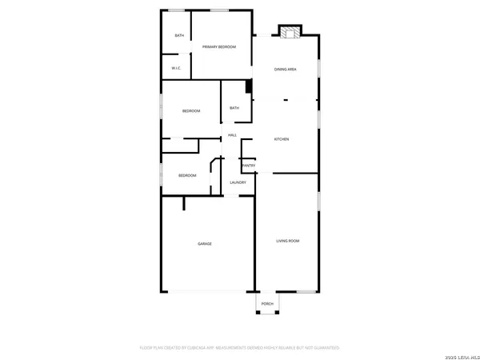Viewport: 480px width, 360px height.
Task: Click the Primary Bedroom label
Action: tap(219, 47)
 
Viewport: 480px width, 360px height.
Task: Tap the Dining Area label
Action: tap(286, 70)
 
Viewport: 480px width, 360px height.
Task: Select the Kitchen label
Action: tap(282, 139)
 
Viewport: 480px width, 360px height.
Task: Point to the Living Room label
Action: tap(287, 241)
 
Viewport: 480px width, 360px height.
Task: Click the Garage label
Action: tap(205, 243)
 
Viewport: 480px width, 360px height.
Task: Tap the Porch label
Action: tap(267, 304)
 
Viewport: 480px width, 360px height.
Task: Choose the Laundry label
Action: tap(238, 182)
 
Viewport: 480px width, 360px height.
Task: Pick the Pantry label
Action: tap(249, 166)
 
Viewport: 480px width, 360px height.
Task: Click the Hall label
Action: tap(232, 134)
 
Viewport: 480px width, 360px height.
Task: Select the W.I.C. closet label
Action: tap(176, 68)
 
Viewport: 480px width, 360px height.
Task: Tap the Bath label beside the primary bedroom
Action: tap(179, 35)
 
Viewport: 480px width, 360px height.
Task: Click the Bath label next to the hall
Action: tap(234, 108)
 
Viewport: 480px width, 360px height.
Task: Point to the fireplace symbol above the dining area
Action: tap(290, 32)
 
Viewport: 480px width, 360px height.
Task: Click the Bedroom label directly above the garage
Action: tap(187, 175)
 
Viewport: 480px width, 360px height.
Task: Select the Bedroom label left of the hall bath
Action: tap(190, 110)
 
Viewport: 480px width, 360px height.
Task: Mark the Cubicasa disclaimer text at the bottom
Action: tap(240, 348)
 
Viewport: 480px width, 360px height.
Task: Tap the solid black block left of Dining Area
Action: tap(249, 86)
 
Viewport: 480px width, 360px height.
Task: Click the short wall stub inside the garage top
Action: tap(184, 203)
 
